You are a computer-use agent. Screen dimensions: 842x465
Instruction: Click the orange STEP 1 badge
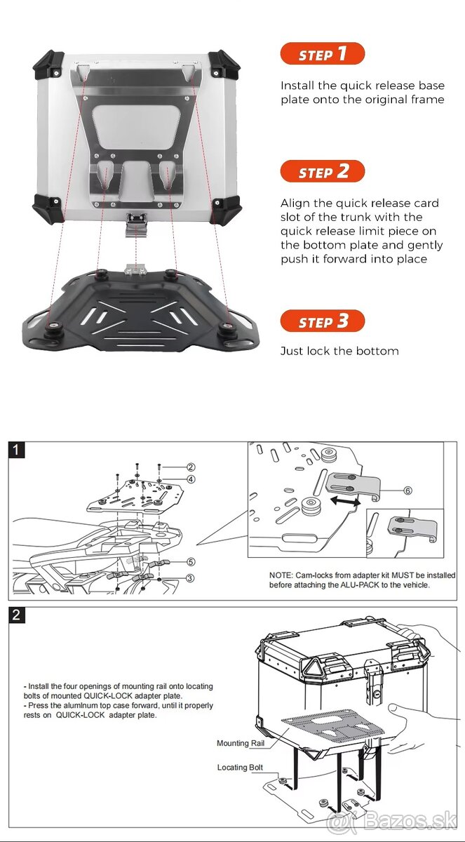click(x=322, y=54)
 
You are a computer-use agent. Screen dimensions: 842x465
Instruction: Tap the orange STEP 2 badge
click(x=322, y=172)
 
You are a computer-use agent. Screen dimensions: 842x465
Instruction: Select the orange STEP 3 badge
click(x=322, y=321)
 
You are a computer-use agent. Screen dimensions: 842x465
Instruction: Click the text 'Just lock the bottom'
click(x=339, y=351)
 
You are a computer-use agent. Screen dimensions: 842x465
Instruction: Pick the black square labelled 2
click(x=17, y=615)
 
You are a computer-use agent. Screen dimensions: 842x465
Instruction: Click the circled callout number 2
click(x=190, y=467)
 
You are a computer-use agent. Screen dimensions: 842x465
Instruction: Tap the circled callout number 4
click(x=190, y=479)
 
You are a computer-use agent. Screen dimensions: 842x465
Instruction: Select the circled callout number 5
click(x=190, y=561)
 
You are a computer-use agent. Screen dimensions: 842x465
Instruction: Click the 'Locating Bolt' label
click(x=240, y=768)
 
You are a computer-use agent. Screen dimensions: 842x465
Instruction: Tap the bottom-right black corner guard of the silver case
click(x=224, y=208)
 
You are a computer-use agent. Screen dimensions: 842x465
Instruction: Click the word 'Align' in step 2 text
click(x=295, y=203)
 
